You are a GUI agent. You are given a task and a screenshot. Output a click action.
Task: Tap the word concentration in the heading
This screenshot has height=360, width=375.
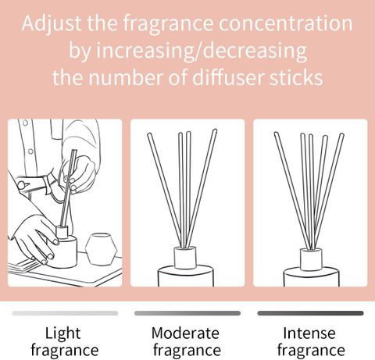[285, 23]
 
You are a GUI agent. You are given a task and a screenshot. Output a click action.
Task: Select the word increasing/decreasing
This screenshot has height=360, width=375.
[202, 51]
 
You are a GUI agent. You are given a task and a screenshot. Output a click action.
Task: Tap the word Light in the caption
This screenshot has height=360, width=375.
[62, 333]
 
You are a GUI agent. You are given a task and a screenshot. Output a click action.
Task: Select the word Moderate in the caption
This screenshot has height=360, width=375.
[185, 333]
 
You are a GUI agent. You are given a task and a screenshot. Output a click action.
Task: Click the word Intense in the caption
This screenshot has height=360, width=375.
[309, 333]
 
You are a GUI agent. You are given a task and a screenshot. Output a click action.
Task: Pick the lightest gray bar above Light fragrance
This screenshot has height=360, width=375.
[65, 313]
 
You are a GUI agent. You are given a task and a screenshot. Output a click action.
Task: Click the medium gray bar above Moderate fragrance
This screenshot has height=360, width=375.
[187, 313]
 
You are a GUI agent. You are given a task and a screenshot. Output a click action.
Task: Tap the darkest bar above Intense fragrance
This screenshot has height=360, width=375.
[310, 313]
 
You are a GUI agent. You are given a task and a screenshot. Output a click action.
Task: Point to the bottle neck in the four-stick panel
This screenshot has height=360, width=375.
[185, 258]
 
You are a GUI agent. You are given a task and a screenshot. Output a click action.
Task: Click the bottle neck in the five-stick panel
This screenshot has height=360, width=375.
[311, 259]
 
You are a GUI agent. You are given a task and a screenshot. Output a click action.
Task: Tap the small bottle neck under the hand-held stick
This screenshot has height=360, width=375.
[62, 232]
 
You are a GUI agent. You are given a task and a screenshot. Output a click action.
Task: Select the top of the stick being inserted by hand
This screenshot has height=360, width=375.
[74, 150]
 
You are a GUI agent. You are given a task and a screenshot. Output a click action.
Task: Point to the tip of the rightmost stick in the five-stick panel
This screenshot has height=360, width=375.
[342, 134]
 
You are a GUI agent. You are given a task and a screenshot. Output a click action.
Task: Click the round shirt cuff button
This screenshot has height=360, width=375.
[21, 185]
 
